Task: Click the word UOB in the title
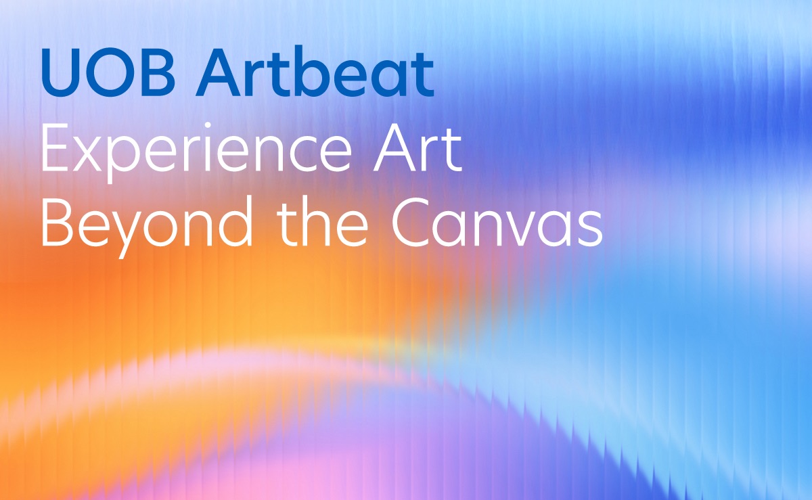click(x=108, y=72)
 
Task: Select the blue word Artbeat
click(x=315, y=72)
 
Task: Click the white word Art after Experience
click(x=418, y=149)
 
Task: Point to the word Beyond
click(x=148, y=225)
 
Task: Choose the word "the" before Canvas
click(x=323, y=221)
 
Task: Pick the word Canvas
click(x=497, y=223)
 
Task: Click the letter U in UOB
click(x=63, y=72)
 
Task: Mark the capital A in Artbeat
click(x=219, y=72)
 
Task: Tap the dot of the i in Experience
click(x=208, y=125)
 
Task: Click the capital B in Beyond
click(x=58, y=223)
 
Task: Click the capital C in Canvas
click(x=414, y=223)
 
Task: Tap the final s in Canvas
click(x=590, y=229)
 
